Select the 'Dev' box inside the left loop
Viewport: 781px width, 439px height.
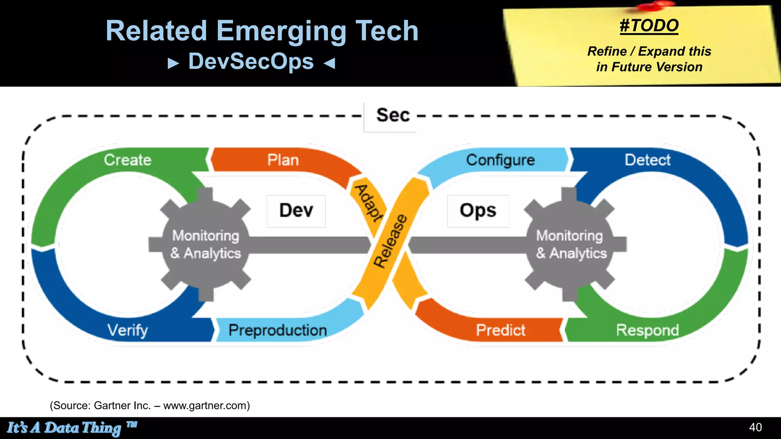pyautogui.click(x=296, y=211)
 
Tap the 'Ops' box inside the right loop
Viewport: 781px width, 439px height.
pyautogui.click(x=478, y=211)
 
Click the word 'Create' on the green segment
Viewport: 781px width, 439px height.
pyautogui.click(x=128, y=160)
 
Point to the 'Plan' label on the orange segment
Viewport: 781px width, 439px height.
pyautogui.click(x=283, y=160)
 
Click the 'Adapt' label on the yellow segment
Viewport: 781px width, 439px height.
pyautogui.click(x=368, y=203)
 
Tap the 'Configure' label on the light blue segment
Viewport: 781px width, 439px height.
pyautogui.click(x=500, y=160)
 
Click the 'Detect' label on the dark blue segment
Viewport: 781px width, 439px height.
pyautogui.click(x=648, y=160)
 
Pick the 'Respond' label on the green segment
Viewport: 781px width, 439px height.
pyautogui.click(x=648, y=330)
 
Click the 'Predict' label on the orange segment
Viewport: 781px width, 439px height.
pyautogui.click(x=500, y=330)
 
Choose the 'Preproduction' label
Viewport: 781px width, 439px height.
pyautogui.click(x=278, y=330)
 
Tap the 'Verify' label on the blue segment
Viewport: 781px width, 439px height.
pyautogui.click(x=128, y=330)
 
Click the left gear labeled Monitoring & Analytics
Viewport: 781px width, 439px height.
pyautogui.click(x=206, y=245)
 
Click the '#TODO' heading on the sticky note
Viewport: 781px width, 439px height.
pyautogui.click(x=649, y=26)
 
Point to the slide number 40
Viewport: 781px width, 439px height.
pyautogui.click(x=755, y=427)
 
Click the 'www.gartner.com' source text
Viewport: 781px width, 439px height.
pyautogui.click(x=206, y=405)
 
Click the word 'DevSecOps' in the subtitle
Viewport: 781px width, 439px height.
pyautogui.click(x=251, y=62)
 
